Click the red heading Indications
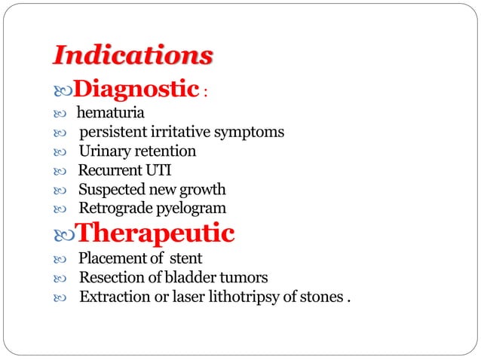[x=133, y=56]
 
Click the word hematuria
[x=110, y=114]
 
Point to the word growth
[x=202, y=189]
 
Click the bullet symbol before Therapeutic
[x=64, y=234]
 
